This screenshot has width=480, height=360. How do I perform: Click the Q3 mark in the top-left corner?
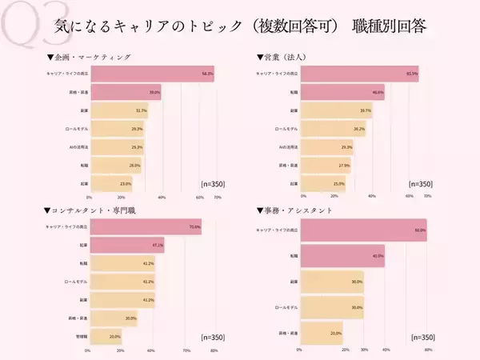[24, 25]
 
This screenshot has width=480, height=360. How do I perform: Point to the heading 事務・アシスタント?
[296, 210]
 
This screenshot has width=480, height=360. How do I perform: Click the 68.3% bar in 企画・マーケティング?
[152, 74]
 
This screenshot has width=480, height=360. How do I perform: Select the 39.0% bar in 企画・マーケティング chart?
[126, 92]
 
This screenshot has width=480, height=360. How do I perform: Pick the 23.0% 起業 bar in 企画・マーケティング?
[111, 183]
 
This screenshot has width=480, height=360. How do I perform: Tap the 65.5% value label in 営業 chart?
[413, 74]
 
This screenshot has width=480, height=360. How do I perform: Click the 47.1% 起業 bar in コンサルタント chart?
[127, 246]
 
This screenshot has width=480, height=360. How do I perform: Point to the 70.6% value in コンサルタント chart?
[194, 227]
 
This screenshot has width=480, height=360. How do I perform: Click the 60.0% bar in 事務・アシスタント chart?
[363, 230]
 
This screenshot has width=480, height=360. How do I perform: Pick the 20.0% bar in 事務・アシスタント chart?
[321, 333]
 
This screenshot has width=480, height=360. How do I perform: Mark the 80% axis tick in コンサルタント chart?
[214, 350]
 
